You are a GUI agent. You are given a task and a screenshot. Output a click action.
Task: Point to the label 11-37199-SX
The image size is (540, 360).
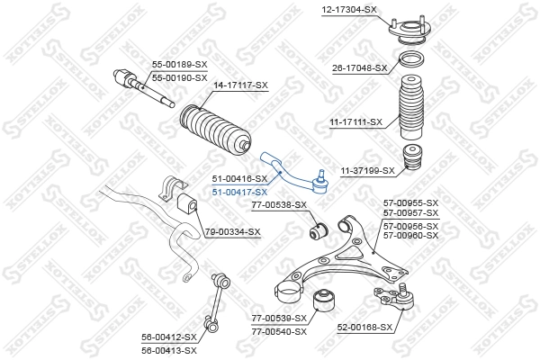click(x=367, y=170)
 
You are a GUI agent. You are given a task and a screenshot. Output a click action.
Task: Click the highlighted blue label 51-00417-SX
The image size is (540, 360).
click(x=239, y=192)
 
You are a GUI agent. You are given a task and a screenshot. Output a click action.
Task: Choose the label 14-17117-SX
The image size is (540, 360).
click(x=240, y=85)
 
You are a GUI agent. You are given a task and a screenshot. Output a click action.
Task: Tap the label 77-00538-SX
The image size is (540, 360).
click(x=279, y=204)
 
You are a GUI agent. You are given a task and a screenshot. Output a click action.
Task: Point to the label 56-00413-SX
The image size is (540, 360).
click(x=168, y=350)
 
